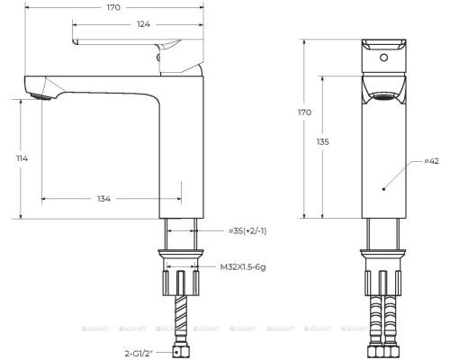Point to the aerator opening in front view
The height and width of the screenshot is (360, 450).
click(385, 94)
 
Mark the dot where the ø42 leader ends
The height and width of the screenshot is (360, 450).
click(384, 189)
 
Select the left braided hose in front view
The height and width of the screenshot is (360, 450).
click(376, 319)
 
